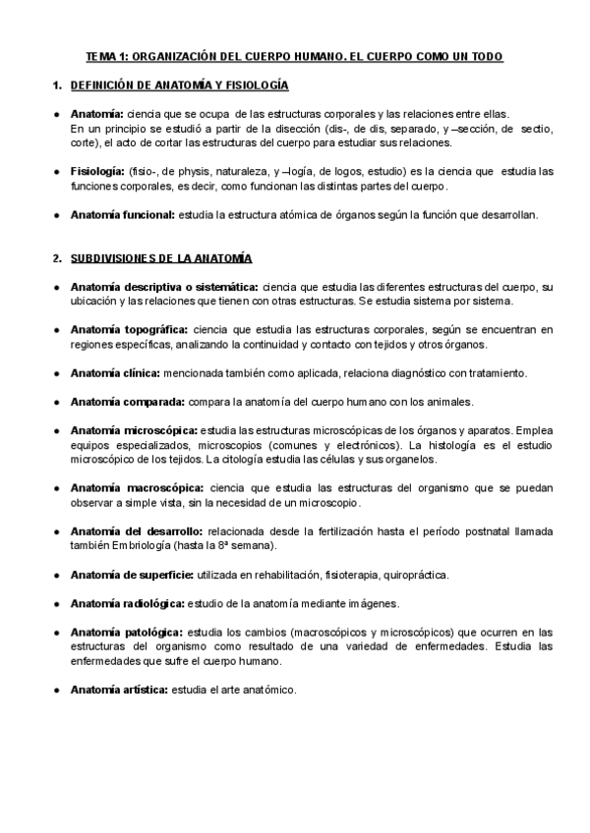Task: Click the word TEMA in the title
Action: click(100, 57)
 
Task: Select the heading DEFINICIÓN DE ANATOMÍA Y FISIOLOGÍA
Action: click(180, 85)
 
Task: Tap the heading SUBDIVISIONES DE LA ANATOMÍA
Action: click(161, 257)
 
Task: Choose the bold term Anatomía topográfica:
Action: click(130, 329)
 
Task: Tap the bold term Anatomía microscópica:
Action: click(134, 429)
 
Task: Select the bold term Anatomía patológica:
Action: click(126, 631)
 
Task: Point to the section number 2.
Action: click(56, 257)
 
